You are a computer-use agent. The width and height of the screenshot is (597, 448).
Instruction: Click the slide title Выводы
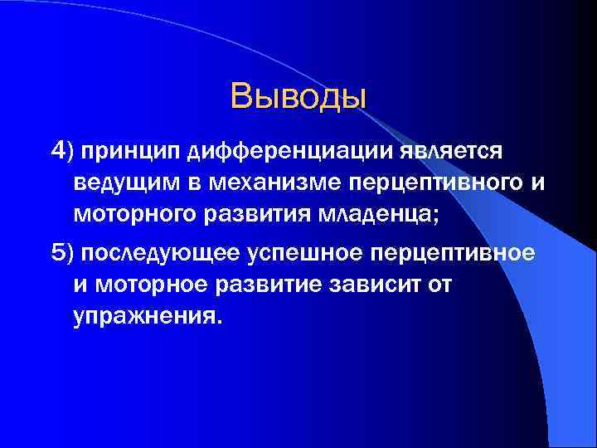[x=298, y=96]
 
